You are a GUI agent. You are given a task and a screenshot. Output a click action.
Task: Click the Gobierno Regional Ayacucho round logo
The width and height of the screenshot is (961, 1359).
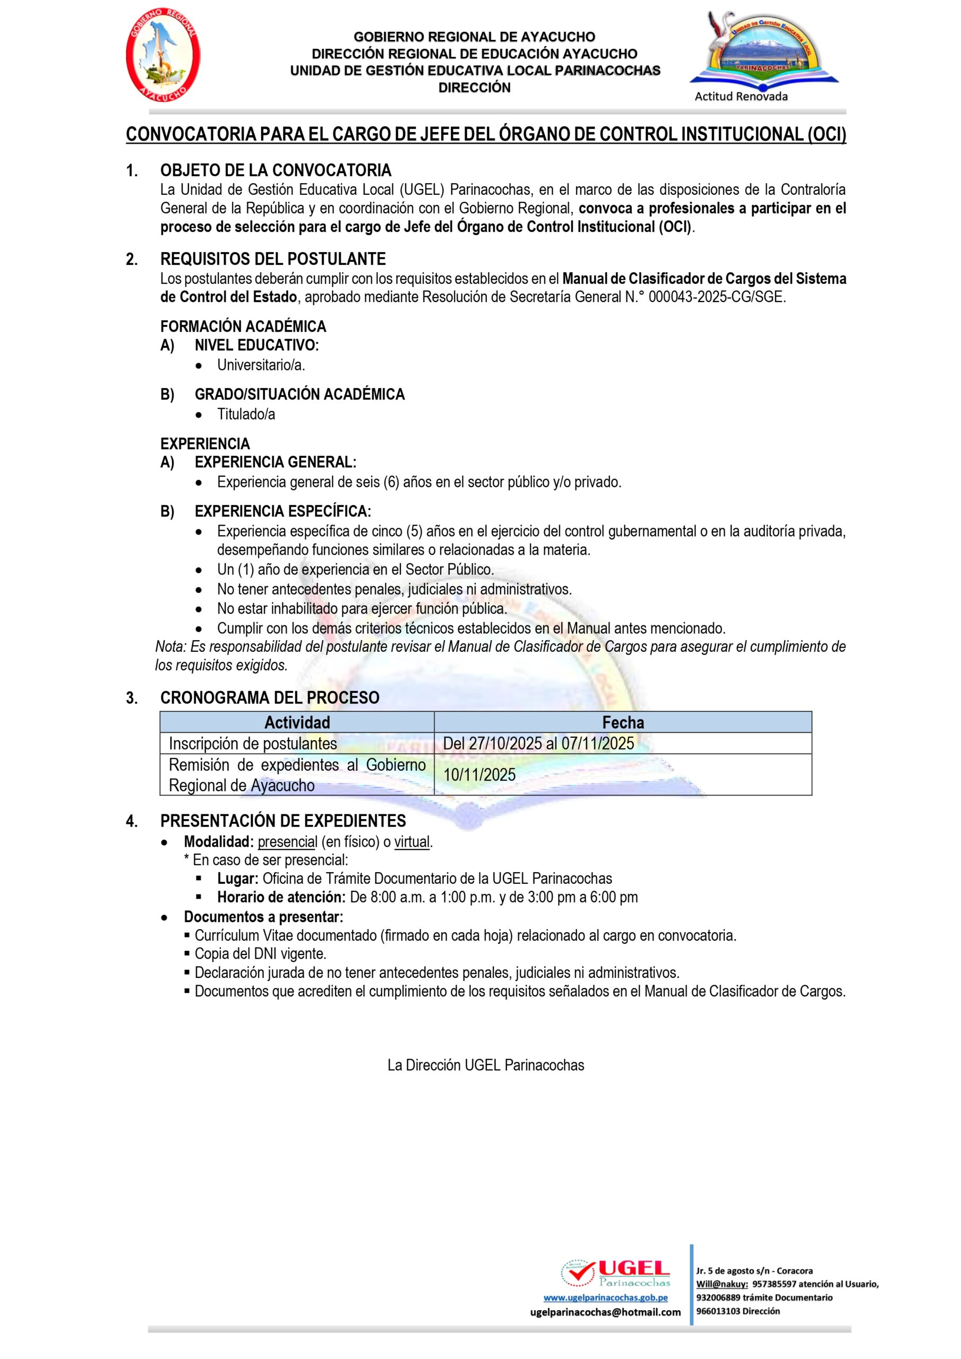point(162,56)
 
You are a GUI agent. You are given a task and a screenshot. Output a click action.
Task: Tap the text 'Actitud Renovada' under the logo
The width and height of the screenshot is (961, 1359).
point(741,97)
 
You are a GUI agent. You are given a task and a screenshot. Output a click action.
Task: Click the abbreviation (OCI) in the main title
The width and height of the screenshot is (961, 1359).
point(827,134)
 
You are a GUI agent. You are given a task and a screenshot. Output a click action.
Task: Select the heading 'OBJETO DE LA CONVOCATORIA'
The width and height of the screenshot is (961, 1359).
point(276,170)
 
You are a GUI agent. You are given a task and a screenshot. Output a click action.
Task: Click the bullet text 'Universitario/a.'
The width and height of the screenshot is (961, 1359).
point(261,365)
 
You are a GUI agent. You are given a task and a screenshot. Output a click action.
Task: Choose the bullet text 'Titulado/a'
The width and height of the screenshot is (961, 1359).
point(246,414)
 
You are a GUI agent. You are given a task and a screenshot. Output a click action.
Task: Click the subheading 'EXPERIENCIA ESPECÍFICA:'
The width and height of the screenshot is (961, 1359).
point(282,511)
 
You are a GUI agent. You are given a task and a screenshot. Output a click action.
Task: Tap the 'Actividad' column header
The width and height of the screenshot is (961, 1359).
point(297,722)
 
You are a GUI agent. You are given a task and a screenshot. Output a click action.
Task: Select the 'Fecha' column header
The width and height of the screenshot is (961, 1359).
point(623,722)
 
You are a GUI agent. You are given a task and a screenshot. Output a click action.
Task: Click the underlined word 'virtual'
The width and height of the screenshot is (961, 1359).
point(413,842)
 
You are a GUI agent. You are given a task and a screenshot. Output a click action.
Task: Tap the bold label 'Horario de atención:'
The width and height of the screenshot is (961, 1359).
point(281,897)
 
